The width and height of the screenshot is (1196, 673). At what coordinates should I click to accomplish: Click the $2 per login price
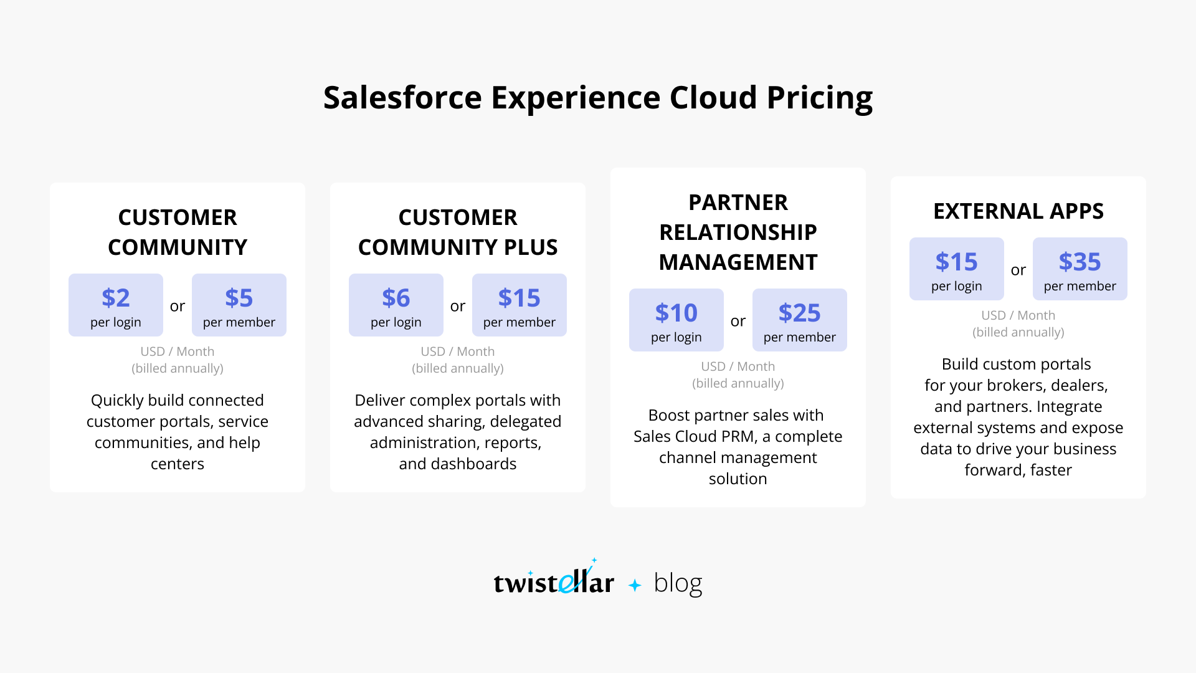pos(116,305)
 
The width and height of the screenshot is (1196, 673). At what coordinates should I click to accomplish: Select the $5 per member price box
pos(239,305)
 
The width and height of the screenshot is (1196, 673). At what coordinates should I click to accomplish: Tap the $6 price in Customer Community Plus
pos(396,298)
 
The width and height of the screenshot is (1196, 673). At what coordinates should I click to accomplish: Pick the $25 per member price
pos(800,320)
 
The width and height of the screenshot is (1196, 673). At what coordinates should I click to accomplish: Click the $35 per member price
pos(1080,269)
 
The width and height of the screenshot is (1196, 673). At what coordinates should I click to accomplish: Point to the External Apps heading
pos(1018,211)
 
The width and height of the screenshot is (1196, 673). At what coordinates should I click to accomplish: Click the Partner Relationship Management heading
pos(738,232)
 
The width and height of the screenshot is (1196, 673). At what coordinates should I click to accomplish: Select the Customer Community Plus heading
pos(458,232)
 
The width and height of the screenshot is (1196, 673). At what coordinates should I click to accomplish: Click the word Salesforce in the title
pos(402,98)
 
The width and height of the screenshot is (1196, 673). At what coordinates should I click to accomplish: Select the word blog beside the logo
pos(678,583)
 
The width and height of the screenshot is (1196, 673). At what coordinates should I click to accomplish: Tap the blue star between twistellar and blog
pos(635,585)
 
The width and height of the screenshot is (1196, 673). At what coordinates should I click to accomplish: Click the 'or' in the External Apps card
pos(1018,270)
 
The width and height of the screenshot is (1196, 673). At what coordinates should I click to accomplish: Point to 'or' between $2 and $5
pos(178,306)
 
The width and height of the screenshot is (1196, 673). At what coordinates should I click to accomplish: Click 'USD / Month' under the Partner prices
pos(738,366)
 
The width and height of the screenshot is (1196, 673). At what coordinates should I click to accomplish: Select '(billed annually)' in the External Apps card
pos(1018,332)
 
